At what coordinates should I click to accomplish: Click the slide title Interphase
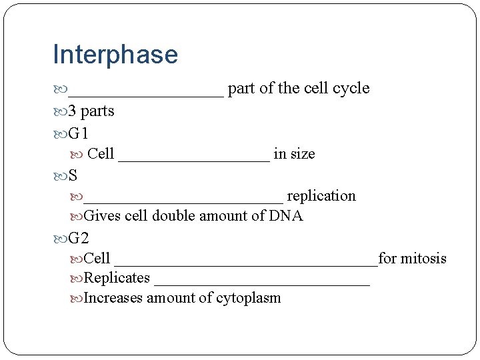[115, 55]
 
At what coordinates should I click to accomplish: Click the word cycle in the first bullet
[351, 89]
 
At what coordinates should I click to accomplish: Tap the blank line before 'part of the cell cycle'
[146, 92]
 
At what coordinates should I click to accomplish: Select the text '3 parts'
[91, 111]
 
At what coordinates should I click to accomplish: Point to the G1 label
[79, 133]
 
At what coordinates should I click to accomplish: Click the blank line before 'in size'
[194, 157]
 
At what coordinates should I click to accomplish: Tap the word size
[303, 154]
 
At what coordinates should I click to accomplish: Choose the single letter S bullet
[73, 176]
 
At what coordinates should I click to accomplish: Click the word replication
[321, 196]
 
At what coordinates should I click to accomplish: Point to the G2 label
[79, 237]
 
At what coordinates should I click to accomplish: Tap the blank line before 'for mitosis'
[246, 262]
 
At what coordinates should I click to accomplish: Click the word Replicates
[117, 278]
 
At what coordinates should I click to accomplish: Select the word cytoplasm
[248, 298]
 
